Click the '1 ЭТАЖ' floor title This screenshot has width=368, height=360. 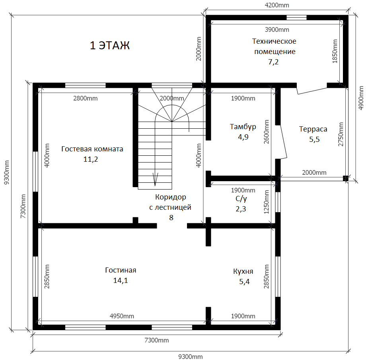click(x=109, y=45)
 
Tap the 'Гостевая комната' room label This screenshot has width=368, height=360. click(x=92, y=149)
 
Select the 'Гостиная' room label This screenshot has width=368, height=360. click(x=121, y=270)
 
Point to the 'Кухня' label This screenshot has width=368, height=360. click(x=243, y=271)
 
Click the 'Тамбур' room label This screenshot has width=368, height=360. click(x=243, y=127)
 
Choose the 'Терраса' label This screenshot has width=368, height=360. click(x=313, y=129)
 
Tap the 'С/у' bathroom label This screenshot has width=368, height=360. click(x=241, y=199)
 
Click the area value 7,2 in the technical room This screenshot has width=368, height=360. click(x=273, y=62)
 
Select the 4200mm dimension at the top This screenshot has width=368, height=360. click(x=277, y=5)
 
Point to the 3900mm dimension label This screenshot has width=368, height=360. click(x=277, y=30)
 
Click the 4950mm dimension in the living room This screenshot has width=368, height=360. click(x=122, y=316)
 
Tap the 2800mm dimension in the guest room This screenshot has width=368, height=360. click(x=86, y=98)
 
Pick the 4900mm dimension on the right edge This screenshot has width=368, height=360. click(x=361, y=98)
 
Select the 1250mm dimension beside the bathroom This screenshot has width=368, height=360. click(x=267, y=202)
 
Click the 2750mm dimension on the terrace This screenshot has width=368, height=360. click(x=341, y=134)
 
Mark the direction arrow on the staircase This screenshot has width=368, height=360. click(x=155, y=179)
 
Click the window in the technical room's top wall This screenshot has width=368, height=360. click(x=296, y=17)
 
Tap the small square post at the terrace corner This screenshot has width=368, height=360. click(x=345, y=178)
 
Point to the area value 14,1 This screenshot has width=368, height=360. click(x=121, y=280)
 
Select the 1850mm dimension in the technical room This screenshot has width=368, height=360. click(x=335, y=51)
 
